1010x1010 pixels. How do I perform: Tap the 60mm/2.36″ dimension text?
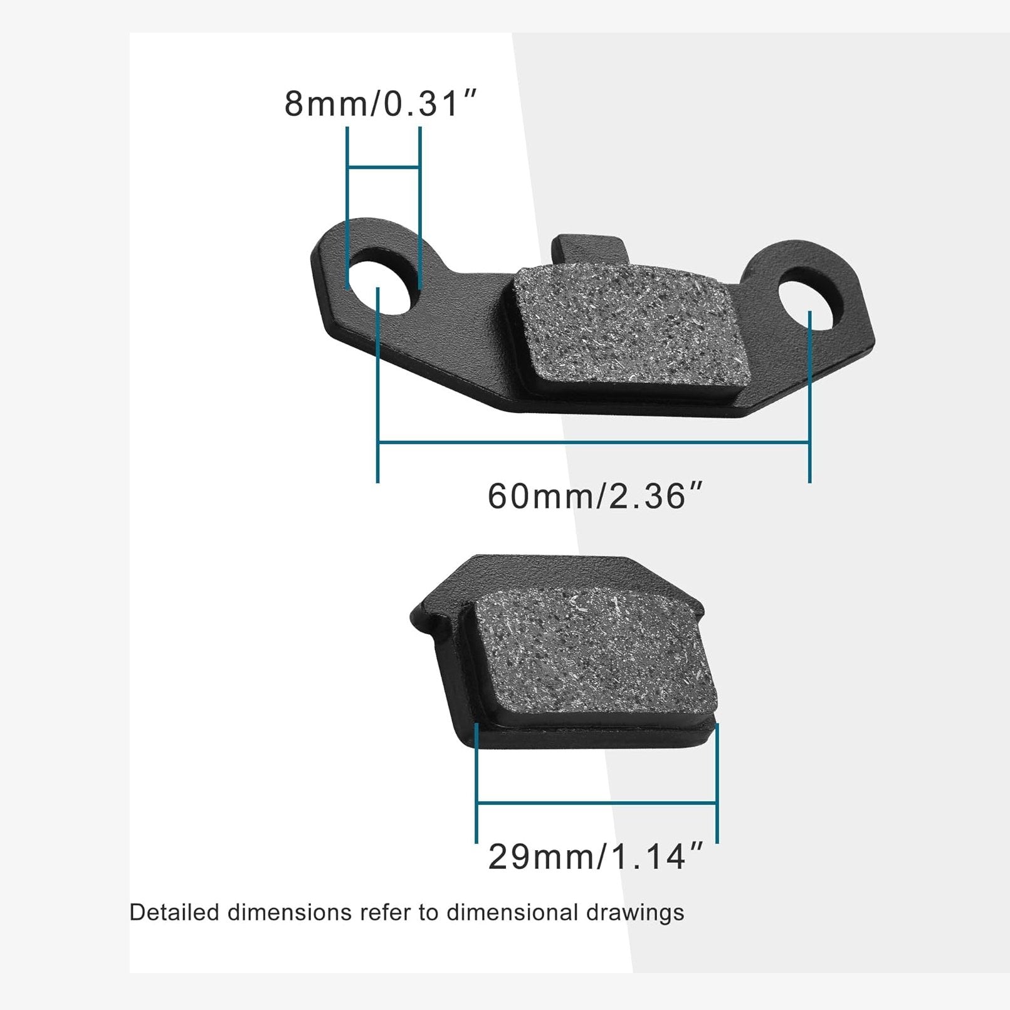596,496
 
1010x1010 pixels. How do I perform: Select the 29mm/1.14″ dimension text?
596,856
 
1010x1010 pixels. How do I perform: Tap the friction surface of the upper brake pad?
633,329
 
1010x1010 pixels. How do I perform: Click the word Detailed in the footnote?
174,912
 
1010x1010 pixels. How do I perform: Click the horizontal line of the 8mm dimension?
383,167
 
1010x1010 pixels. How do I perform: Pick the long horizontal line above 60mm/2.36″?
592,443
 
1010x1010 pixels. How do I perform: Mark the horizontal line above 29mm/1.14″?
596,802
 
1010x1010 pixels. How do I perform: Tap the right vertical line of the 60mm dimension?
809,401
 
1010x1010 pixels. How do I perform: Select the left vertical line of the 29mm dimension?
476,784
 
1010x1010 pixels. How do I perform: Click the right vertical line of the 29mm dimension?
717,784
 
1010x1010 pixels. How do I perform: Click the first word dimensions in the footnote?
289,912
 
